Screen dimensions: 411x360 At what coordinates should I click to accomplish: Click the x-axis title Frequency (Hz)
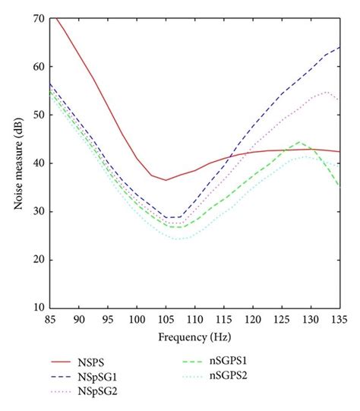pyautogui.click(x=194, y=335)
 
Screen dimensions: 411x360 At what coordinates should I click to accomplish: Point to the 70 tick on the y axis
pyautogui.click(x=37, y=17)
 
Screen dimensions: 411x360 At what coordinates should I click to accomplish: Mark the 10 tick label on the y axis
pyautogui.click(x=37, y=308)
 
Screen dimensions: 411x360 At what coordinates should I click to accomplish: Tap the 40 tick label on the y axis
pyautogui.click(x=37, y=163)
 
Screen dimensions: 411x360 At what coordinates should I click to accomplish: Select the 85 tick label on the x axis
pyautogui.click(x=50, y=320)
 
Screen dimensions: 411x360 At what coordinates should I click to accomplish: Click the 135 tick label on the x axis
pyautogui.click(x=339, y=320)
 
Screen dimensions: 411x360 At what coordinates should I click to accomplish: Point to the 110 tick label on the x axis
pyautogui.click(x=194, y=320)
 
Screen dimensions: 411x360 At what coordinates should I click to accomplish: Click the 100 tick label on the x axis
pyautogui.click(x=137, y=320)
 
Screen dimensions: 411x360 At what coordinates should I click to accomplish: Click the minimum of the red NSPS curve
pyautogui.click(x=166, y=180)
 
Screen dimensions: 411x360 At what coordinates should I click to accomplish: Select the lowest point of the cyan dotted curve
pyautogui.click(x=183, y=239)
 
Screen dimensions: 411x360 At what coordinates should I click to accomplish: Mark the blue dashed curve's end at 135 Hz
pyautogui.click(x=339, y=47)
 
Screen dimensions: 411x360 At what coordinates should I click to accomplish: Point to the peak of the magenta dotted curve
pyautogui.click(x=327, y=92)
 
